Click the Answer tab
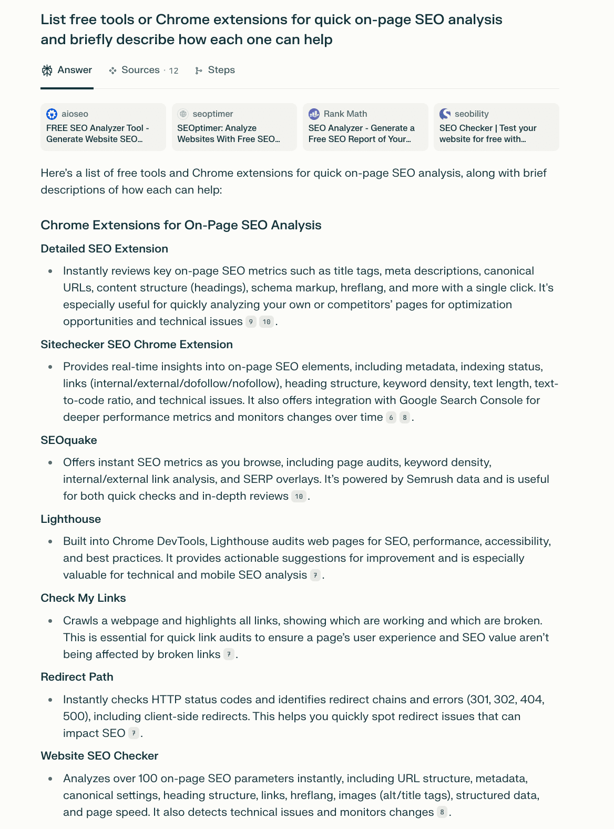pyautogui.click(x=67, y=70)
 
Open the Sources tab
pyautogui.click(x=144, y=70)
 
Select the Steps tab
pyautogui.click(x=215, y=70)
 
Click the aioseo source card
pyautogui.click(x=103, y=127)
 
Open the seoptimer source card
pyautogui.click(x=234, y=127)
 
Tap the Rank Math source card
pyautogui.click(x=365, y=127)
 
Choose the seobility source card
pyautogui.click(x=496, y=127)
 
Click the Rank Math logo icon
pyautogui.click(x=314, y=114)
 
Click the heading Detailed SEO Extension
pyautogui.click(x=104, y=249)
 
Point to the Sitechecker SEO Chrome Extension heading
pyautogui.click(x=137, y=345)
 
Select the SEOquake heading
pyautogui.click(x=69, y=440)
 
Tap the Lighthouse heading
pyautogui.click(x=71, y=519)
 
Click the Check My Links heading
pyautogui.click(x=83, y=598)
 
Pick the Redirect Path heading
pyautogui.click(x=77, y=677)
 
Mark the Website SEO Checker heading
pyautogui.click(x=99, y=756)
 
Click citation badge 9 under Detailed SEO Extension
pyautogui.click(x=251, y=322)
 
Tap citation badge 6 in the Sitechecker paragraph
pyautogui.click(x=391, y=418)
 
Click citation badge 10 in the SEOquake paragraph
pyautogui.click(x=299, y=497)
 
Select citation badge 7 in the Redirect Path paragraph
pyautogui.click(x=134, y=733)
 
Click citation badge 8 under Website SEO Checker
pyautogui.click(x=442, y=812)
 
